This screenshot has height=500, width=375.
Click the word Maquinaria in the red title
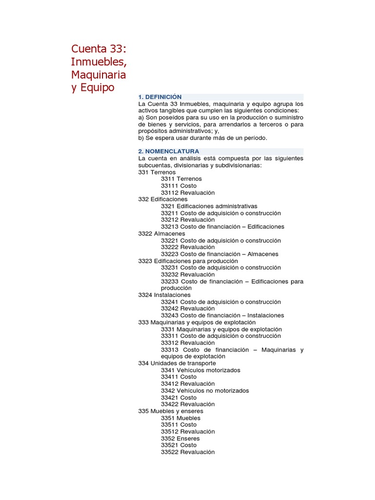(99, 75)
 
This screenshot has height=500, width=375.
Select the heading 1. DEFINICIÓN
(160, 97)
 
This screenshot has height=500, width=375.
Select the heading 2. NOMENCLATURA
(168, 151)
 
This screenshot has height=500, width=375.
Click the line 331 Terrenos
(157, 172)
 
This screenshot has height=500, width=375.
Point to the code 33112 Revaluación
(187, 193)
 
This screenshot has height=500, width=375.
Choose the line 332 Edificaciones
(163, 199)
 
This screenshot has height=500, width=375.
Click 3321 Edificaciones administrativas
(209, 206)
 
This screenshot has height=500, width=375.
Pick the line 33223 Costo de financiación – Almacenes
(219, 254)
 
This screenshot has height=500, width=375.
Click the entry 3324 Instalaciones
(164, 295)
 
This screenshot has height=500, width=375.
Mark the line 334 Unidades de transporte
(177, 363)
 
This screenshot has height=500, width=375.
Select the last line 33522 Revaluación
(187, 452)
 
